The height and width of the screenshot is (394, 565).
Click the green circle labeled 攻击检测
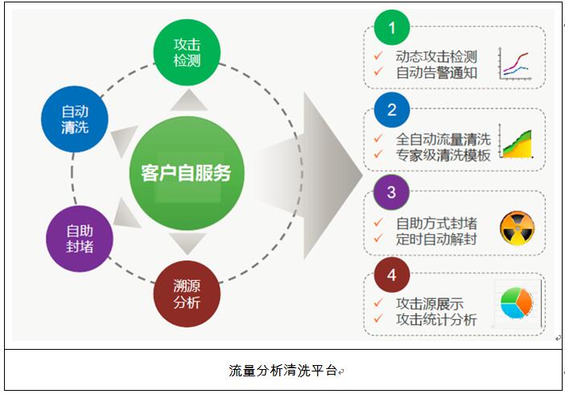187,52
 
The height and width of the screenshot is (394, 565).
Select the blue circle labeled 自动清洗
75,119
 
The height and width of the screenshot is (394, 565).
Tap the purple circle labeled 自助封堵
80,239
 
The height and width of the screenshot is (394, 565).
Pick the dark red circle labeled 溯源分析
187,293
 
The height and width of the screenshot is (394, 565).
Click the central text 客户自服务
186,173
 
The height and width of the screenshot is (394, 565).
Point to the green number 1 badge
392,27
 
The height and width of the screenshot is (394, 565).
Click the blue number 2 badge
392,109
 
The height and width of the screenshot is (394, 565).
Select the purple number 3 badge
392,192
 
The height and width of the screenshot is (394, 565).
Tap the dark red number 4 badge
392,274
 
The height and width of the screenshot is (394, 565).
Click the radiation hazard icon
518,228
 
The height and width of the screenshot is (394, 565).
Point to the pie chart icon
517,303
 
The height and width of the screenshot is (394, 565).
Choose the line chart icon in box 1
514,64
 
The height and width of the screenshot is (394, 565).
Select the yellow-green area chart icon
516,142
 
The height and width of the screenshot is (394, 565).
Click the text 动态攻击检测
436,56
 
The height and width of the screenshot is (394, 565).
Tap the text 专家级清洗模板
443,155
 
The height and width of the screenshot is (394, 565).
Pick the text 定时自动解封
436,239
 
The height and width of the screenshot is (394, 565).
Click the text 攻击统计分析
436,319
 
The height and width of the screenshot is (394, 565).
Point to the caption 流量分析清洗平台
282,370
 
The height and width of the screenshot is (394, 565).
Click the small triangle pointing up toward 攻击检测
189,101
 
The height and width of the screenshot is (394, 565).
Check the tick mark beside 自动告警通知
378,72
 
